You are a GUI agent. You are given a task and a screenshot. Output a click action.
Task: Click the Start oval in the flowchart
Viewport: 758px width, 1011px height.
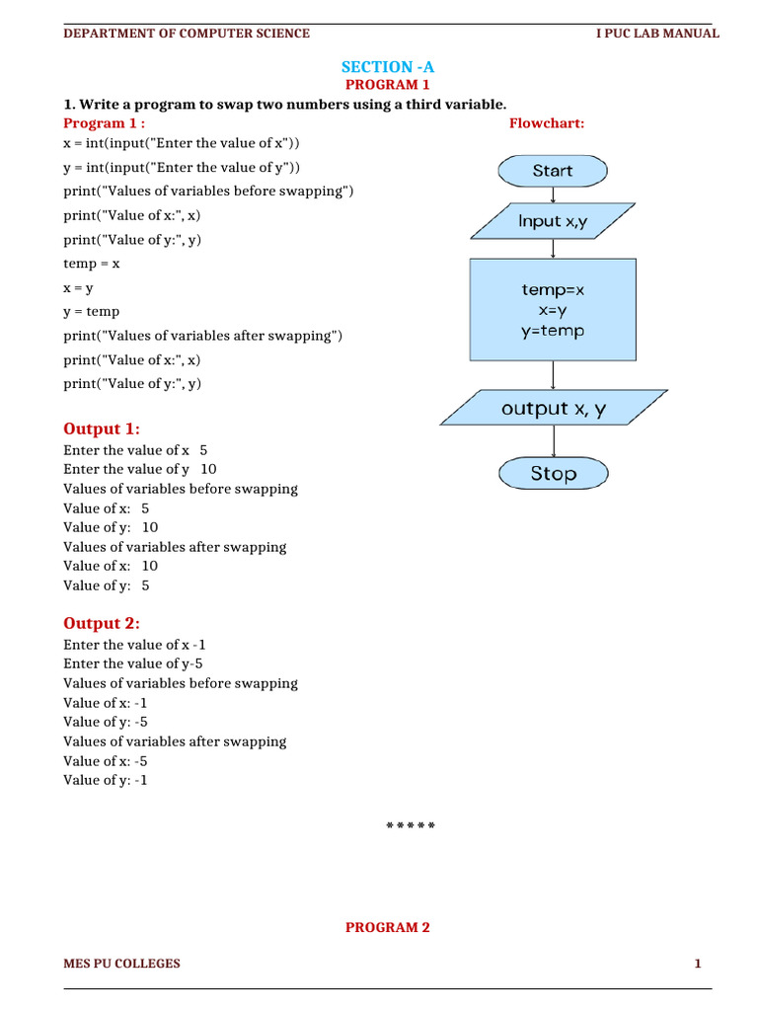552,171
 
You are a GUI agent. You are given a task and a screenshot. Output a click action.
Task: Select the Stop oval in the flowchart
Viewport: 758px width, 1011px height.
553,474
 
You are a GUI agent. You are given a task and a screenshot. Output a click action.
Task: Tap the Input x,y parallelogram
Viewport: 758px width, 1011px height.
552,221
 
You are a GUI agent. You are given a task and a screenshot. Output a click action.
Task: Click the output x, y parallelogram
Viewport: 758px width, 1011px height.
553,409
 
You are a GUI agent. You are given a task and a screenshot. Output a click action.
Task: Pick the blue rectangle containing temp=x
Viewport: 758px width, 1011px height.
553,310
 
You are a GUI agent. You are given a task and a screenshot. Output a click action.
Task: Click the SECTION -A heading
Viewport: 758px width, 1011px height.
387,67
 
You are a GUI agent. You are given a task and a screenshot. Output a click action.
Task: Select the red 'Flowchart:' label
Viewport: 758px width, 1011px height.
547,123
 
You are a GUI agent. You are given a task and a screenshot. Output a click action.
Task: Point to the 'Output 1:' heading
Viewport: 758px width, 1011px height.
102,428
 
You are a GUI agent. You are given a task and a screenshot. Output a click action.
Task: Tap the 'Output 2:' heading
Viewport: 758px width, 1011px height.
102,623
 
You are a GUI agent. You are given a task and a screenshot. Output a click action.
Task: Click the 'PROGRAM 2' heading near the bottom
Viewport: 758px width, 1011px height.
387,927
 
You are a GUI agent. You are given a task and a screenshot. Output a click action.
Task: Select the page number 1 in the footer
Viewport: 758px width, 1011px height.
697,964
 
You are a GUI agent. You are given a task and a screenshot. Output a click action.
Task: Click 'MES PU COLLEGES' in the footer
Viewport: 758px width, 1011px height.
122,964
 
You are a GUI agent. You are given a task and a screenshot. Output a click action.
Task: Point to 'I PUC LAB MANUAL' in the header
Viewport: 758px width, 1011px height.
657,34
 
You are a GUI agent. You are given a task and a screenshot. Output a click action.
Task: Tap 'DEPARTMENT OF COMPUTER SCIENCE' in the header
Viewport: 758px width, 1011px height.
187,34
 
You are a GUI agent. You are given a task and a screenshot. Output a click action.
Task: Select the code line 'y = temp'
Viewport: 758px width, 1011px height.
92,312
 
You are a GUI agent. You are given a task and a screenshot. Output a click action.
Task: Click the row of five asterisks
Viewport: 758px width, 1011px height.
410,825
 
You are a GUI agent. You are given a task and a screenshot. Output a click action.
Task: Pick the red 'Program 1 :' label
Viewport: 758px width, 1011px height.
104,123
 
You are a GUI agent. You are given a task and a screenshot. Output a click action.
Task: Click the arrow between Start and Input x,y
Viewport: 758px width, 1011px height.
552,195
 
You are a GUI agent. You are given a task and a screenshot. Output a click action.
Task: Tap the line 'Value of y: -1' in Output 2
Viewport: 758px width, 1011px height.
107,780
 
